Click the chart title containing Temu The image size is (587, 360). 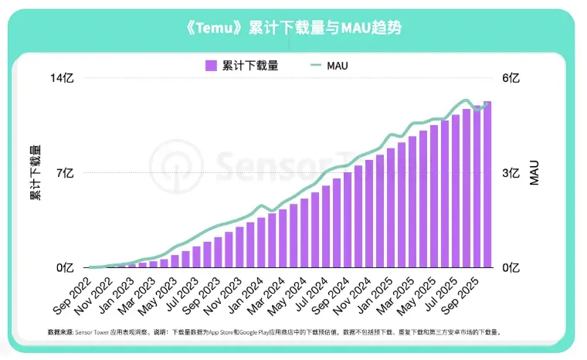(x=293, y=28)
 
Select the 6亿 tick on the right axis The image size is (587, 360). (x=511, y=79)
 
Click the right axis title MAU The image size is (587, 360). (x=534, y=173)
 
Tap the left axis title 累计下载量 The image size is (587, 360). (x=35, y=173)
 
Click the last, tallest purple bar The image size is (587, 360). (x=487, y=185)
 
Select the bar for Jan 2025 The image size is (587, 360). (x=391, y=209)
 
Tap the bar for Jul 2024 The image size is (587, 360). (x=326, y=227)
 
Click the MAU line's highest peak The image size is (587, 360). (x=464, y=100)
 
